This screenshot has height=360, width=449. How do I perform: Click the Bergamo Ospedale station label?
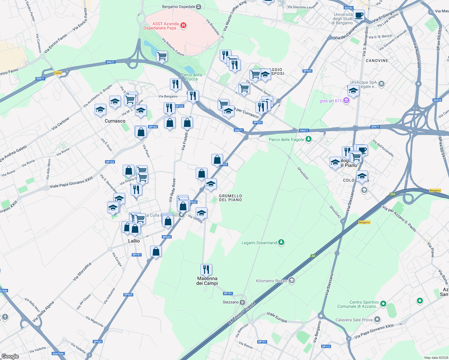point(179,7)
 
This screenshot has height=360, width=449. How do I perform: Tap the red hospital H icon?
point(183,25)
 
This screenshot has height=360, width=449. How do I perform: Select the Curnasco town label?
point(115,121)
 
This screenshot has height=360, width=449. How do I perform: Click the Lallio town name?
point(134,241)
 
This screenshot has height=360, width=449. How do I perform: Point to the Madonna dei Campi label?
point(207,281)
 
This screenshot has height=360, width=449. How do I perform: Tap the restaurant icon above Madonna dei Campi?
point(206,269)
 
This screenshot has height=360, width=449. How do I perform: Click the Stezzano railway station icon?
point(243,302)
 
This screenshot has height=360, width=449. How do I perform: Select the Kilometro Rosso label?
point(271,281)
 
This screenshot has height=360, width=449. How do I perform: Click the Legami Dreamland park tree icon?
point(281,242)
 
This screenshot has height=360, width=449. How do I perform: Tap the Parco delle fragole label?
point(286,139)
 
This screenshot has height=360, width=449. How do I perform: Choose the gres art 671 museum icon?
point(346,100)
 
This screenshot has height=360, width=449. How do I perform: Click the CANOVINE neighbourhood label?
point(377,61)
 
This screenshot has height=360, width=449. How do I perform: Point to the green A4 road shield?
point(313,256)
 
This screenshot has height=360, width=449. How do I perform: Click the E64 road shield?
point(393,194)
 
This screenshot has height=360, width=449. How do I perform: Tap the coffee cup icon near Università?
point(359,15)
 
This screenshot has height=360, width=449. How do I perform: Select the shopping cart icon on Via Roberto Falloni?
point(162,56)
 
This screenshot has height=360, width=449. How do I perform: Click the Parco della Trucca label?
point(191,77)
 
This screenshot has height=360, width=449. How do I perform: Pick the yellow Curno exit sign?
point(58,73)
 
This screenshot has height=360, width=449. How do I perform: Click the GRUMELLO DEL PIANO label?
point(231,198)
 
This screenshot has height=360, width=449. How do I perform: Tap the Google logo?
point(10,356)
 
